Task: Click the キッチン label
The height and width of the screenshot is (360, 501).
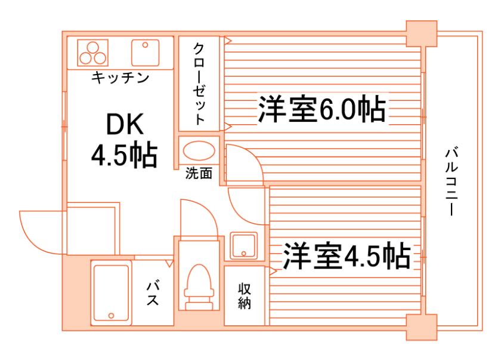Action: pos(119,77)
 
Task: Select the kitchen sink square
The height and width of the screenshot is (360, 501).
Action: pos(146,53)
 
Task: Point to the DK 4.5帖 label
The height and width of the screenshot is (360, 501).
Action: pos(124,140)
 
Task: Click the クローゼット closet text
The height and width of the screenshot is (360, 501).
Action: pos(199,84)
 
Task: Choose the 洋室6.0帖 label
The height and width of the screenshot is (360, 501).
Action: pos(321,109)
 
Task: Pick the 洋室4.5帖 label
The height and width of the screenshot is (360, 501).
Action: pos(346,256)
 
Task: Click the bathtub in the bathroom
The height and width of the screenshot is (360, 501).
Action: pos(111,293)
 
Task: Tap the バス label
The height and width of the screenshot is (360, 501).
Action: pos(153,293)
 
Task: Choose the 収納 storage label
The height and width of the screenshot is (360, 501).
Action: pos(245,296)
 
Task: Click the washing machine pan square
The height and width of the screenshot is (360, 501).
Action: pos(243,245)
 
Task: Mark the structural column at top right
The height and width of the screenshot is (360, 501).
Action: pos(421,33)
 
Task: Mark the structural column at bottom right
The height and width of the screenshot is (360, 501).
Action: pos(421,327)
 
